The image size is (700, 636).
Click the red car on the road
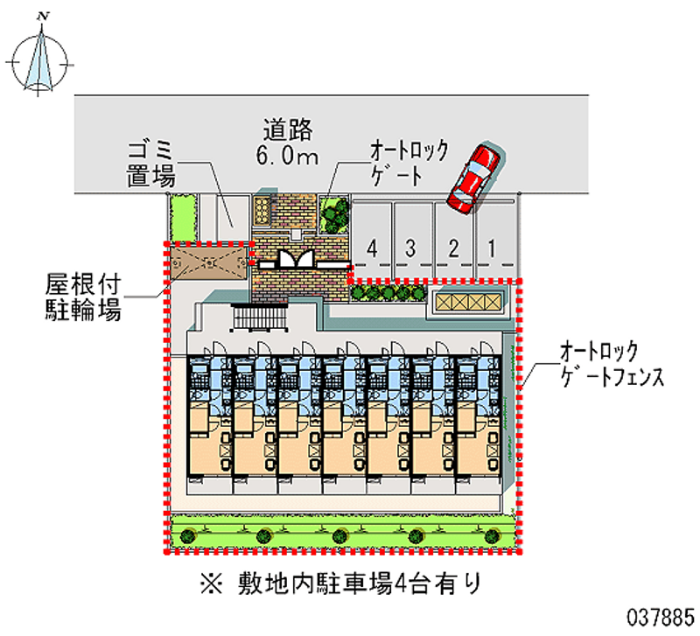coord(474,178)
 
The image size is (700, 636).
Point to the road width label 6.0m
coord(287,155)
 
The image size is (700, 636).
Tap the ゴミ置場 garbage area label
coord(150,164)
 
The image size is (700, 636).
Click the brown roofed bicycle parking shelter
coord(208,264)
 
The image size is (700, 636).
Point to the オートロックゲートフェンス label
coord(612,364)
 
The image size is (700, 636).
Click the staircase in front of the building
coord(259,318)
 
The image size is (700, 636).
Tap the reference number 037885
coord(661,618)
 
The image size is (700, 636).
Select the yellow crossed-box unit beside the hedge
coord(468,302)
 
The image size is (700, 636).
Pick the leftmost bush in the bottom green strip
coord(188,535)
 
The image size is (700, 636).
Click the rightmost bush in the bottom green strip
coord(492,535)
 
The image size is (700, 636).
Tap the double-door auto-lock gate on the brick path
coord(297,260)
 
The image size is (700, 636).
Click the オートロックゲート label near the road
coord(409,163)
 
